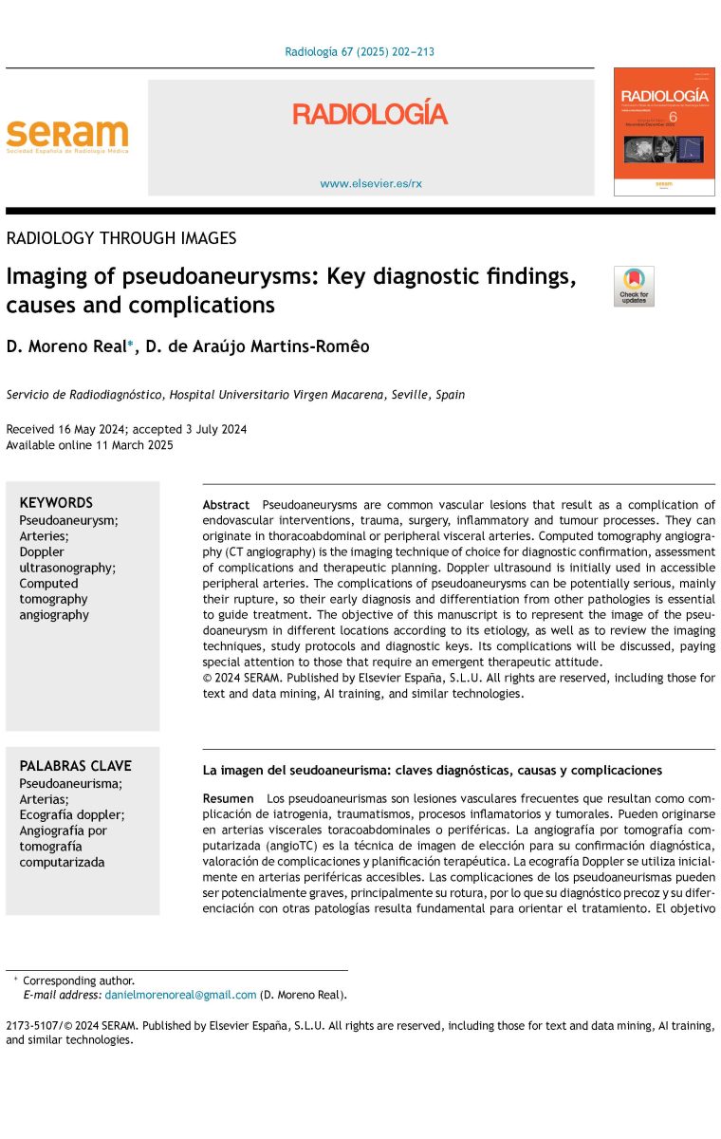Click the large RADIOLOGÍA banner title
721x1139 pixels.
click(x=369, y=115)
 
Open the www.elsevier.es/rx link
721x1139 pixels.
click(x=370, y=183)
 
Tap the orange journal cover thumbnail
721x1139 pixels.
click(x=663, y=131)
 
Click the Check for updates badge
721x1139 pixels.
click(x=634, y=287)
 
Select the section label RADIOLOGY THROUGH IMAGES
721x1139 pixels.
click(x=121, y=238)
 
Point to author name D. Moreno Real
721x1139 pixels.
click(x=65, y=347)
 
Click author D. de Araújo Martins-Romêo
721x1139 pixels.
click(x=255, y=347)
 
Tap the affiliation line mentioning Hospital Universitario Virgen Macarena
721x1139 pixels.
click(x=235, y=395)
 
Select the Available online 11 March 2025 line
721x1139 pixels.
click(x=89, y=445)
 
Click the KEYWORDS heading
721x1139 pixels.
click(x=56, y=503)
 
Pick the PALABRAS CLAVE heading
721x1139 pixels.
click(x=75, y=766)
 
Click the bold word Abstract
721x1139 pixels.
click(x=226, y=505)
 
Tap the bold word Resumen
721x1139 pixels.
click(x=228, y=799)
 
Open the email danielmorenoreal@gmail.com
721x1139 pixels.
click(x=180, y=995)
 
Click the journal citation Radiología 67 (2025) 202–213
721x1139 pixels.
click(x=360, y=52)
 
